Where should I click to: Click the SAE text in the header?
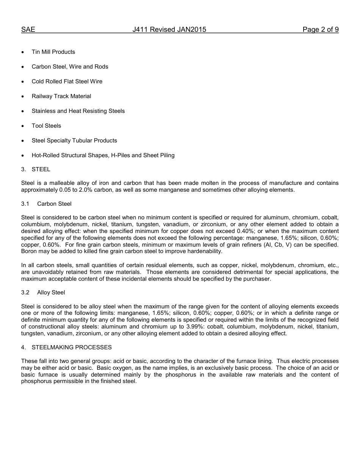point(28,30)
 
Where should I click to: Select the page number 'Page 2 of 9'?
point(320,30)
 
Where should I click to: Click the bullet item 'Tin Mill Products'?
point(53,52)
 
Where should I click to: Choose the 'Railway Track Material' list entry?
point(61,96)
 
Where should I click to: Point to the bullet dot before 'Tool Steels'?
point(23,126)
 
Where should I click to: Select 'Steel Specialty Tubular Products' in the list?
point(74,141)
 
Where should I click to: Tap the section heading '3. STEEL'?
point(36,169)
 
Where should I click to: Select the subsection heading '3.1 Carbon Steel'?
point(46,204)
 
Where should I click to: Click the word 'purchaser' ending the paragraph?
point(257,279)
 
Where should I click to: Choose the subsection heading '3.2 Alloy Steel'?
point(43,292)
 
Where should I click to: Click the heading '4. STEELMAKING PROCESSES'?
point(66,347)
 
